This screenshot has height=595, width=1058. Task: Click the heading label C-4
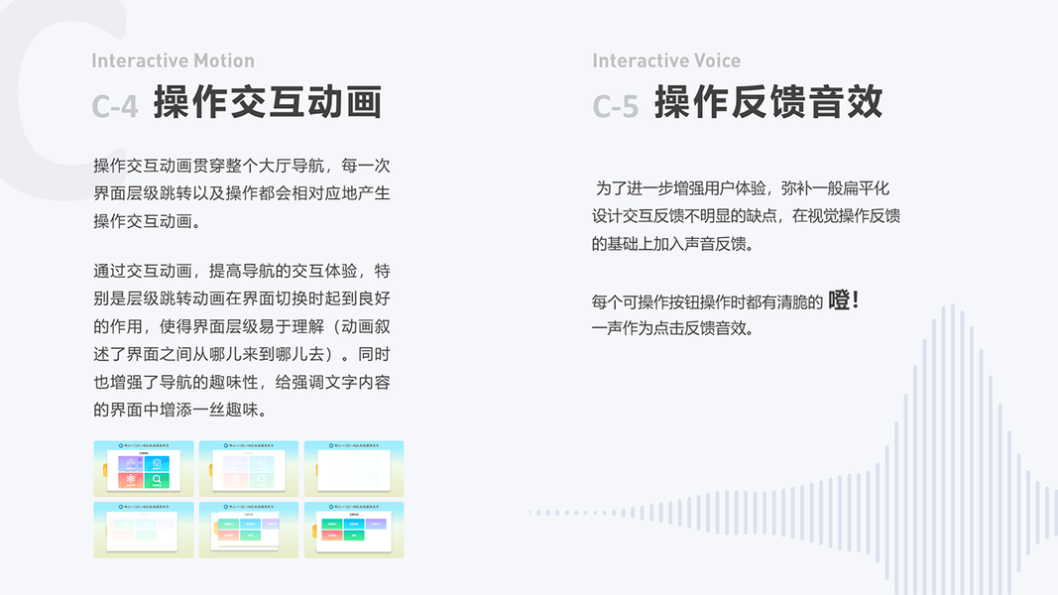[114, 106]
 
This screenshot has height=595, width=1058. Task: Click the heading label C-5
[615, 106]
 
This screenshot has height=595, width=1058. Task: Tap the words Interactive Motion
[173, 61]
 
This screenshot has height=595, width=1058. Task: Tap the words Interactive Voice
[666, 61]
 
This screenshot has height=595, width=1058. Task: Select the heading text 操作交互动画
[268, 103]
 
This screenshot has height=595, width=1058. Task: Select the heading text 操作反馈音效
[768, 103]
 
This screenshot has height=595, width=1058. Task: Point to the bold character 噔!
[844, 299]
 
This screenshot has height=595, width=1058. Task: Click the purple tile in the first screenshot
[131, 463]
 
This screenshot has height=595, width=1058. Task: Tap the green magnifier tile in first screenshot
[157, 480]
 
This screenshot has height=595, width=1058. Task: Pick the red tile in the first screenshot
[131, 480]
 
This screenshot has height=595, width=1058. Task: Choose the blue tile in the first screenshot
[157, 463]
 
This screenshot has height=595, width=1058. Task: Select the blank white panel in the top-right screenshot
[353, 470]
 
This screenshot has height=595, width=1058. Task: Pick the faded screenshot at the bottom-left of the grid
[144, 529]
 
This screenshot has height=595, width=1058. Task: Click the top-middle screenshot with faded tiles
[249, 468]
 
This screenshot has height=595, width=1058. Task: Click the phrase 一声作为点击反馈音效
[672, 328]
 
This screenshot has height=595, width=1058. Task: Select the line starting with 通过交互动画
[242, 271]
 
